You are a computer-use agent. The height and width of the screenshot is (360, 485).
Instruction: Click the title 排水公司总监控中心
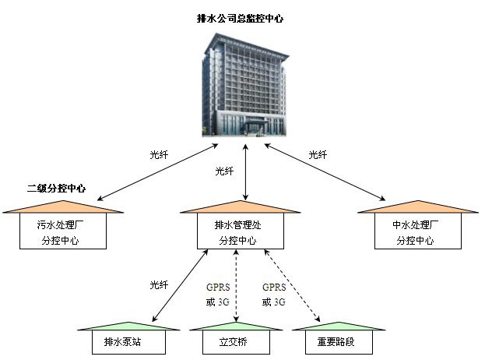[240, 17]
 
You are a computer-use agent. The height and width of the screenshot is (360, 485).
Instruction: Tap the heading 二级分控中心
[56, 188]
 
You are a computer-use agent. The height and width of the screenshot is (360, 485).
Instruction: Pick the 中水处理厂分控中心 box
[416, 232]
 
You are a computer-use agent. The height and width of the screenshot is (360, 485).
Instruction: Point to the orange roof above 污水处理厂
[62, 208]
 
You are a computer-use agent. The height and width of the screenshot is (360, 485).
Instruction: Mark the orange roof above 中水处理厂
[416, 208]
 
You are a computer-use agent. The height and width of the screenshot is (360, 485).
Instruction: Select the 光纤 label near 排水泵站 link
[159, 285]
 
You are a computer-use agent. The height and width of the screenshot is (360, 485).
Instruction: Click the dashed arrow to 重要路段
[292, 286]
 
